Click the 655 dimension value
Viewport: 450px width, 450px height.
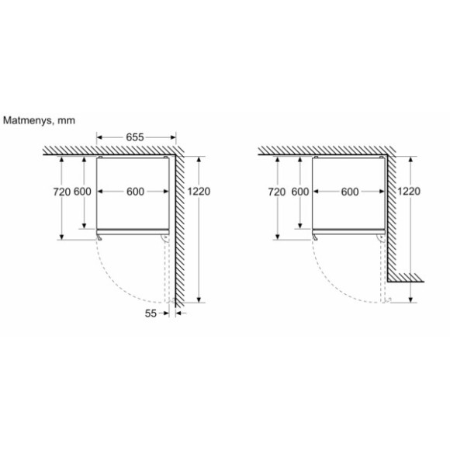point(136,137)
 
